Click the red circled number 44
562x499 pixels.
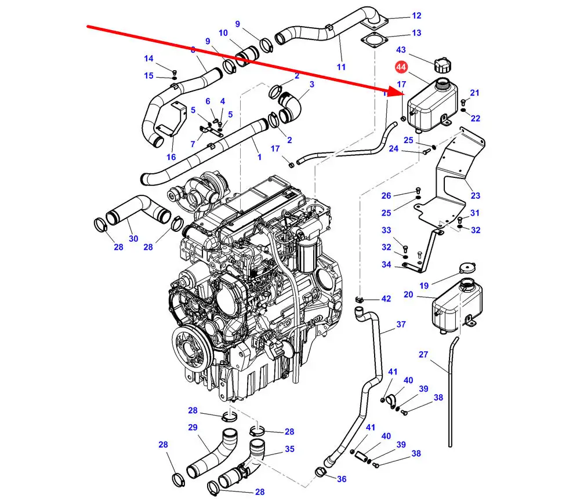[401, 68]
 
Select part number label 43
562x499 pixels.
[401, 50]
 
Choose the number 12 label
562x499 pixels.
[416, 16]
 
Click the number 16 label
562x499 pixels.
[171, 157]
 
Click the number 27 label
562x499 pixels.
[423, 355]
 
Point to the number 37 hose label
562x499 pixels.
[401, 324]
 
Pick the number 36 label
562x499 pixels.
[342, 479]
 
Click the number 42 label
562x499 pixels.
[386, 299]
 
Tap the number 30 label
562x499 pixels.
[133, 238]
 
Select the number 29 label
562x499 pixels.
[193, 428]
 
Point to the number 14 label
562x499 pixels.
[149, 59]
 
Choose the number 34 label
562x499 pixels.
[386, 265]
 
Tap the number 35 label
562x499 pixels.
[289, 449]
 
